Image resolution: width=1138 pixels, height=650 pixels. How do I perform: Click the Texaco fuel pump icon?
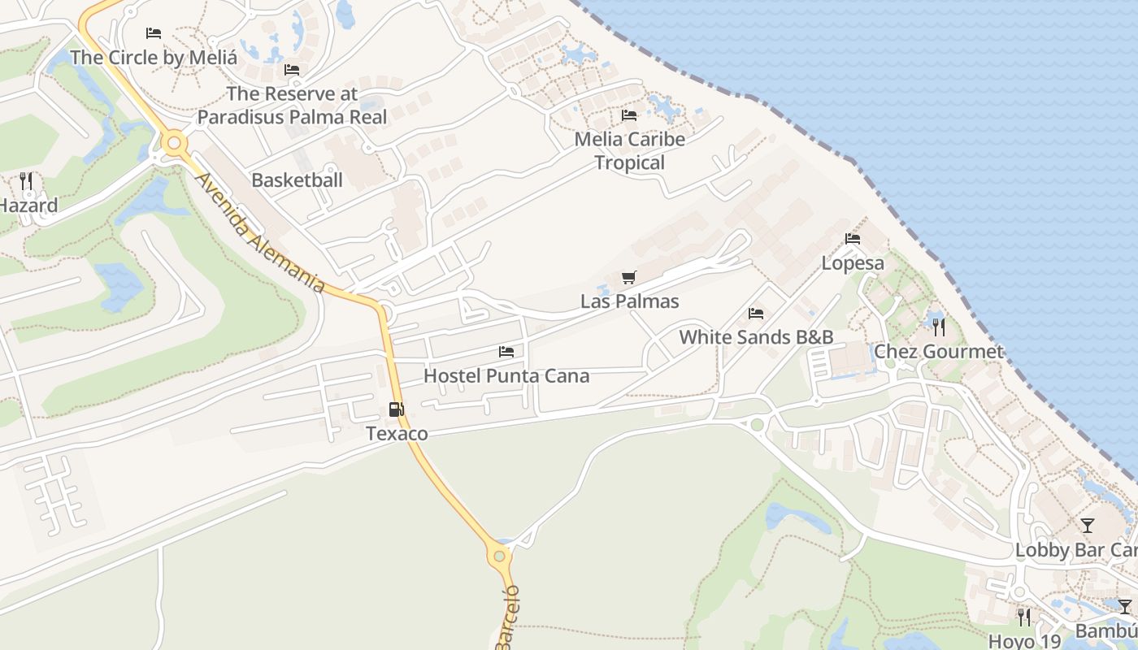pos(396,410)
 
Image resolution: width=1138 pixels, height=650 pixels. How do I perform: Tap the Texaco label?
pos(397,434)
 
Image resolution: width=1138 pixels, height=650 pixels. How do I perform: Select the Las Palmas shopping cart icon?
pos(628,278)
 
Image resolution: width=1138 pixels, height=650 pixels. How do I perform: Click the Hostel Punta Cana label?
pos(506,376)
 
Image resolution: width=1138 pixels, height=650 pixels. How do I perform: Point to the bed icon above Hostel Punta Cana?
pos(506,352)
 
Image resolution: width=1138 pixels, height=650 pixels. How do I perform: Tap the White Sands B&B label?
pos(756,336)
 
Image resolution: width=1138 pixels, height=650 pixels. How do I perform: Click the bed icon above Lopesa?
pos(852,239)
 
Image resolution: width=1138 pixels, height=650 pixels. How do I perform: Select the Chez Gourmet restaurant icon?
pos(938,327)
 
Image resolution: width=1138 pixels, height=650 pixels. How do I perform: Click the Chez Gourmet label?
pos(938,352)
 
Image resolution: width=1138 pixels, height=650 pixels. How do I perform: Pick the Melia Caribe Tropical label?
pos(629,150)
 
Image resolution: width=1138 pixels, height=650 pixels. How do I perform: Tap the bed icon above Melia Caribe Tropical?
pos(628,115)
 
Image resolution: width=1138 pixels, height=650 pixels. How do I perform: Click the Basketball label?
pos(297,180)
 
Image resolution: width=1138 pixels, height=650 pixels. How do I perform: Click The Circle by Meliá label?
pos(154,58)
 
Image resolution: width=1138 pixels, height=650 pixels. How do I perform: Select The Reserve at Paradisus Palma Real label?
pos(292,105)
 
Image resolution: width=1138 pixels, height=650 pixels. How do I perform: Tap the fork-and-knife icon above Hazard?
pos(26,180)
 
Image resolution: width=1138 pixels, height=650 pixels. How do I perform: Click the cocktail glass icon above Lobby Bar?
pos(1087,525)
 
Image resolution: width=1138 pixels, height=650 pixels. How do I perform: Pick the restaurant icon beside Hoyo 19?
pos(1023,617)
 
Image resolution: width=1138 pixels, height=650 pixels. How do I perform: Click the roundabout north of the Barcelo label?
pos(499,557)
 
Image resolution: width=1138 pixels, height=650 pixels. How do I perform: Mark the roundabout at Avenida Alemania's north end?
pos(172,144)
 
